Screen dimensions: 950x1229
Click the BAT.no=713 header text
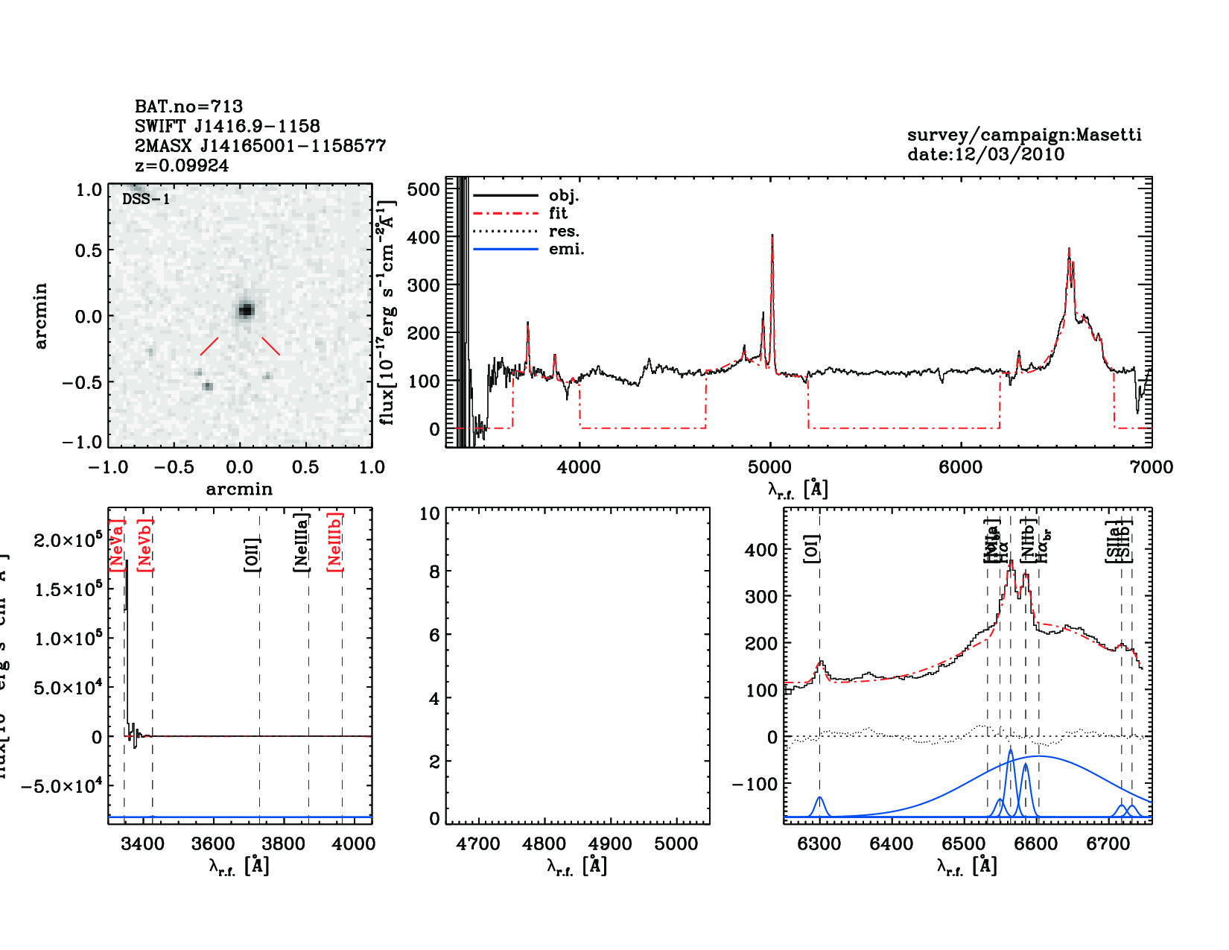pos(188,107)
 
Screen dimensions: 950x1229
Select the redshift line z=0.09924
pos(182,165)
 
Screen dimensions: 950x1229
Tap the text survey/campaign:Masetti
pos(1024,135)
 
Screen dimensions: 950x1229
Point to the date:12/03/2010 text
pos(985,154)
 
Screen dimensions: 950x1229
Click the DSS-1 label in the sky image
pos(146,199)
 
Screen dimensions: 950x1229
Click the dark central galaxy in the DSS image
pos(246,310)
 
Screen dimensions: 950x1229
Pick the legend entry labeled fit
pos(558,213)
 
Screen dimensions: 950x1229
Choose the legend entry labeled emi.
pos(566,249)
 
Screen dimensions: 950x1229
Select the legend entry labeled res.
pos(564,231)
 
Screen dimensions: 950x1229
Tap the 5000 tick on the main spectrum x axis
pos(769,467)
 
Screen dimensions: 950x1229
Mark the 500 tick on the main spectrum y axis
pos(424,189)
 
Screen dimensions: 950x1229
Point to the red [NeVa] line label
pos(117,545)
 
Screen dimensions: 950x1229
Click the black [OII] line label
pos(253,555)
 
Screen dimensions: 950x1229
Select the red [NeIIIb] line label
pos(336,542)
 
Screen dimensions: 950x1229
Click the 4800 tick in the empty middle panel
pos(544,844)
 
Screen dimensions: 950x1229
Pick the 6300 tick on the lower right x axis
pos(819,844)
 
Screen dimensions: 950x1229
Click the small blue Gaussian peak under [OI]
pos(820,801)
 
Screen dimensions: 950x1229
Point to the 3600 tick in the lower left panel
pos(214,844)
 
